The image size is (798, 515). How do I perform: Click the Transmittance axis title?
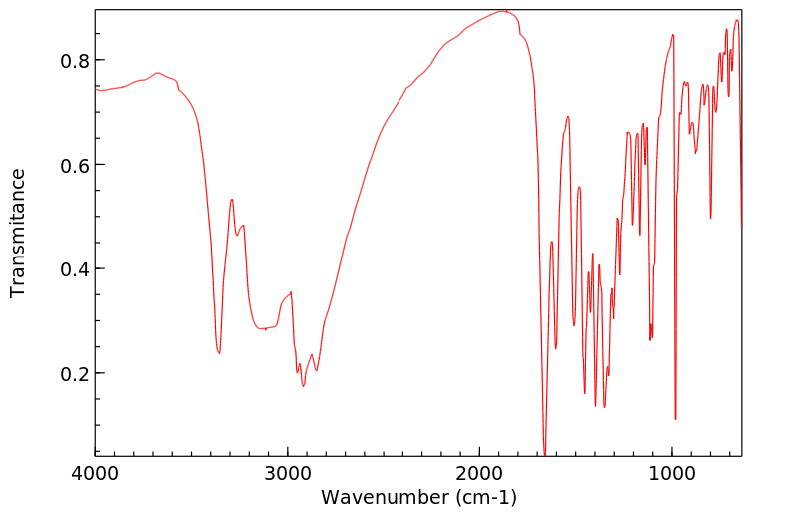(18, 233)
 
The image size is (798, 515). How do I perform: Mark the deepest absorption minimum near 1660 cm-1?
(544, 454)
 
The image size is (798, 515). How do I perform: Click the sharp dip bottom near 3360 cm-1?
(219, 352)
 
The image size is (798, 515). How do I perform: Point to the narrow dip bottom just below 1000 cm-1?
(676, 419)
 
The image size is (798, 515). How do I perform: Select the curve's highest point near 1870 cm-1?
(504, 11)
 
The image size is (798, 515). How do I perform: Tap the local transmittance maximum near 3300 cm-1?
(231, 199)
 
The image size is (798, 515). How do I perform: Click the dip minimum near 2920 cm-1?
(303, 385)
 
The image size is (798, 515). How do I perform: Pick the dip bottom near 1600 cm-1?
(556, 348)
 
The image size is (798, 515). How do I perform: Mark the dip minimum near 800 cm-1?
(710, 218)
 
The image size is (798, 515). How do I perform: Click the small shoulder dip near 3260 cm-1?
(237, 235)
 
